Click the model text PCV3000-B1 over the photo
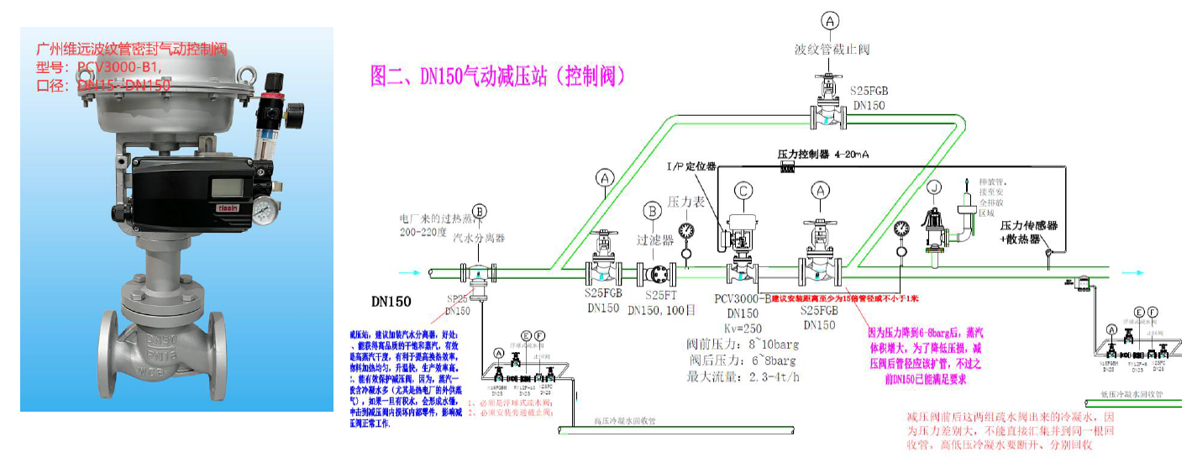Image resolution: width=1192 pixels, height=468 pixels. click(118, 67)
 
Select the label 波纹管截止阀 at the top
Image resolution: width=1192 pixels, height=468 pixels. click(832, 49)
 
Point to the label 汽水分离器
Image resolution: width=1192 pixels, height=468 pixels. click(479, 238)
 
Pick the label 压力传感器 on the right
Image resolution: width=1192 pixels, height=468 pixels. click(1028, 225)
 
